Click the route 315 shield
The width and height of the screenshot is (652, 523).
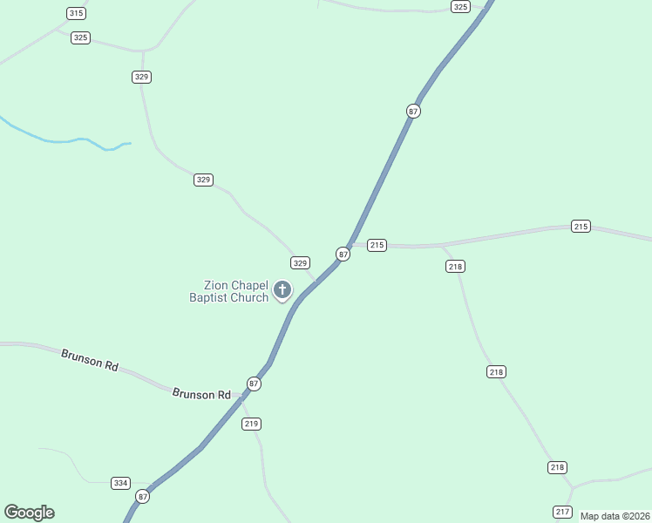pos(76,13)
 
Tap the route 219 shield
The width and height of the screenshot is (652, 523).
pos(252,424)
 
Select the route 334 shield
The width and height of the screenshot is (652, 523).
pos(121,483)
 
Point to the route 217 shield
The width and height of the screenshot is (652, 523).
pos(562,511)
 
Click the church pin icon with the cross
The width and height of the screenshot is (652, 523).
pos(282,290)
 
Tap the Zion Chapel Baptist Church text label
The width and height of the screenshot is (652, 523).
pos(229,291)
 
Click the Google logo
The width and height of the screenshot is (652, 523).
pos(29,513)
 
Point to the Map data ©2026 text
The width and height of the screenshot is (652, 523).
pos(614,516)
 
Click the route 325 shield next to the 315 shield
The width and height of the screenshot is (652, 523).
pos(80,37)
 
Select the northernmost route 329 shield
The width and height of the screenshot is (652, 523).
pos(142,77)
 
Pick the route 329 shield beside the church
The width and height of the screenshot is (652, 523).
pos(300,262)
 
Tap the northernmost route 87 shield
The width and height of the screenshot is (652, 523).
pos(413,111)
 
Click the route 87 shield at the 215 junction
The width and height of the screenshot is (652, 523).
pos(343,254)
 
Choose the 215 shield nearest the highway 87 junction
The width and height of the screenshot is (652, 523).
pos(377,245)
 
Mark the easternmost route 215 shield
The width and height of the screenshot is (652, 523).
pos(581,226)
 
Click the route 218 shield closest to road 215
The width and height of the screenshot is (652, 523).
pos(455,266)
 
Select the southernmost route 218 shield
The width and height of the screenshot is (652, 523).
pos(558,467)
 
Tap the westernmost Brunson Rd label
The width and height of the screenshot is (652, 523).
pos(90,360)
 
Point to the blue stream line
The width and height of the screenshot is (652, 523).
pos(61,139)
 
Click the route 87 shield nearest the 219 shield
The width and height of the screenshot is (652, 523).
pos(254,384)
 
